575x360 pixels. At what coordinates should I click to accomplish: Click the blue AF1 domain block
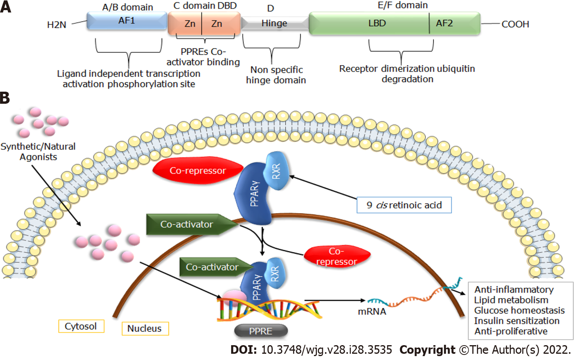127,21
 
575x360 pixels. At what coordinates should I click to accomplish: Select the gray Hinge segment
275,23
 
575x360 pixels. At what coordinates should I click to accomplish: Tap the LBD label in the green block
377,23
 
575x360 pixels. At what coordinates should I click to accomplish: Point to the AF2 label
444,23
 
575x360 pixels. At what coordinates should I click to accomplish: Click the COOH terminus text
515,24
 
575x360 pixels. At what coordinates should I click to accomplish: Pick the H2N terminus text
57,25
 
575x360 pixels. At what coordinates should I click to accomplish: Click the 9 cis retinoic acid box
404,205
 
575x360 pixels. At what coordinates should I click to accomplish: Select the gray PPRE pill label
261,331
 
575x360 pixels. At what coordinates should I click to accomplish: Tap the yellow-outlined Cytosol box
81,326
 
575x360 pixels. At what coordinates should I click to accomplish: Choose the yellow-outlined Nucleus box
145,328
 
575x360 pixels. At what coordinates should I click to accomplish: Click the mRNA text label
372,312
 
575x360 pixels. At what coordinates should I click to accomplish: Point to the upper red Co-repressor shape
198,170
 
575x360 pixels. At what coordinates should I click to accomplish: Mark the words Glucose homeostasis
519,310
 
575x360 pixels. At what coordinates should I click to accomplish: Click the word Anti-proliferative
511,331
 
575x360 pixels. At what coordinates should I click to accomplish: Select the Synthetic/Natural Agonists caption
38,152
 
